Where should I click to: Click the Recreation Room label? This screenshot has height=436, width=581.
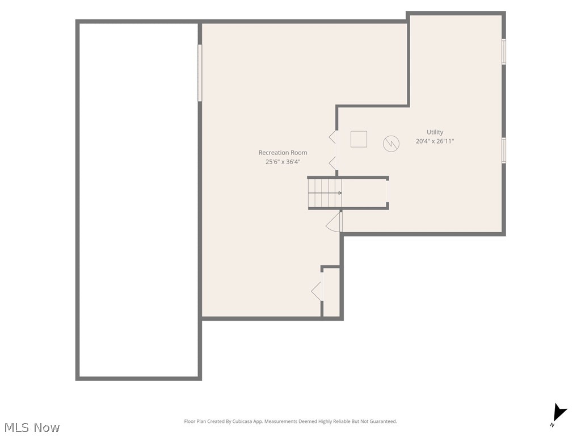click(283, 152)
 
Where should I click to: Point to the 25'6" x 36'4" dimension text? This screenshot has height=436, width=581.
click(283, 162)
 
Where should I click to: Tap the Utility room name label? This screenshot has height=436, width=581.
click(435, 132)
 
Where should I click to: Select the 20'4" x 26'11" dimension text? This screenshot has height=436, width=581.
click(435, 141)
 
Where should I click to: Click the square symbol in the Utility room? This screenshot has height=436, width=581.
click(359, 139)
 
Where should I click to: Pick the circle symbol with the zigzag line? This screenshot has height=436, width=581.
click(391, 143)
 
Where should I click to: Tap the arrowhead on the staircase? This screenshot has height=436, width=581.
click(339, 193)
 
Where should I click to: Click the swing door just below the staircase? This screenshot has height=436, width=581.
click(334, 222)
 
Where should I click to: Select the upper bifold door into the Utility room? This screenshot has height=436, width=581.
click(332, 137)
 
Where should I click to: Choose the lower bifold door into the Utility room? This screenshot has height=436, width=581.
click(332, 163)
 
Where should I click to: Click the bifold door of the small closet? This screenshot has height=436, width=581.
click(317, 291)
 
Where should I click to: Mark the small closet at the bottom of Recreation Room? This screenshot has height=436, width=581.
click(331, 292)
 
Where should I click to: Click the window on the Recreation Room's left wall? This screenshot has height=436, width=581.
click(200, 73)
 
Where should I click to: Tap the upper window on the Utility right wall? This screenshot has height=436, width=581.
click(503, 52)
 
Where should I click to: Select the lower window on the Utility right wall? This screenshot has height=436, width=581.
click(503, 150)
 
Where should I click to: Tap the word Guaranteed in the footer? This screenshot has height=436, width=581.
click(383, 422)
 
